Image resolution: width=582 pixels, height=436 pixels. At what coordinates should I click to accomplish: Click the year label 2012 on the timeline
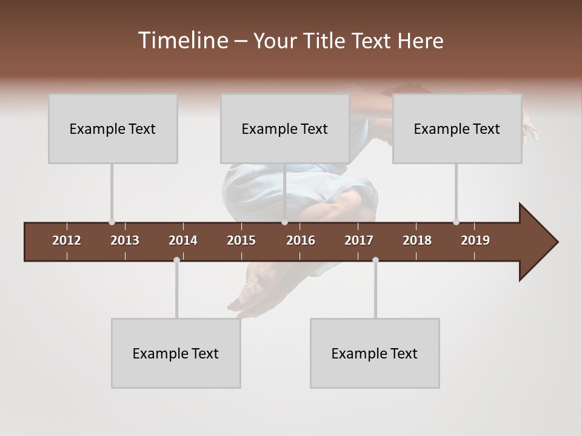67,240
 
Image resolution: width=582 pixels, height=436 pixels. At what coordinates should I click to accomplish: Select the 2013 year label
125,240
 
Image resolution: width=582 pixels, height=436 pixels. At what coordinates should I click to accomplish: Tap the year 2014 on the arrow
183,240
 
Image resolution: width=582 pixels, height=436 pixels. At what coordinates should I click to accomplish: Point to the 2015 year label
241,240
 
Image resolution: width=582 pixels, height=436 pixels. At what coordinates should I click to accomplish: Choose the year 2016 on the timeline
301,240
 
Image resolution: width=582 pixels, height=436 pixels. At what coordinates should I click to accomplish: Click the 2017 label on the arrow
359,240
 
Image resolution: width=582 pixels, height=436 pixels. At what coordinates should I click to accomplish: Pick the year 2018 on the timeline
417,240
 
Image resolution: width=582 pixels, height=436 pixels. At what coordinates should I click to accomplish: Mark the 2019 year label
475,240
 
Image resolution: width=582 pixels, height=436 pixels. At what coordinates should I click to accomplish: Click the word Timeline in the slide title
182,41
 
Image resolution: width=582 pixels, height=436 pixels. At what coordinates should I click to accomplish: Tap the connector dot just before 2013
112,222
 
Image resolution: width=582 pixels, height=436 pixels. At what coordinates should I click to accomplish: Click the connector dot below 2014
176,260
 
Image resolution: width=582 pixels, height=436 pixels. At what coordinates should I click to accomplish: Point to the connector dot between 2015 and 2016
284,222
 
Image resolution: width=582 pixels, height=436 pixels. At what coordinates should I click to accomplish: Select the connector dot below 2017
375,260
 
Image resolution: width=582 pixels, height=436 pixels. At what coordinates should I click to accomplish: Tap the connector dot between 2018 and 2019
456,222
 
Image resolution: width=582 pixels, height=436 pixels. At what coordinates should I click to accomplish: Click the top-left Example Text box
113,128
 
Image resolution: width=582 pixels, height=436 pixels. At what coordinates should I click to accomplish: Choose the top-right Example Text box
457,128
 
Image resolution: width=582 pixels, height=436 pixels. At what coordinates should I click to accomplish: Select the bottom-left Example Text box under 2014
176,353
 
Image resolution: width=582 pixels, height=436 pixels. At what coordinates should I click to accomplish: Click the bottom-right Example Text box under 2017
375,353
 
